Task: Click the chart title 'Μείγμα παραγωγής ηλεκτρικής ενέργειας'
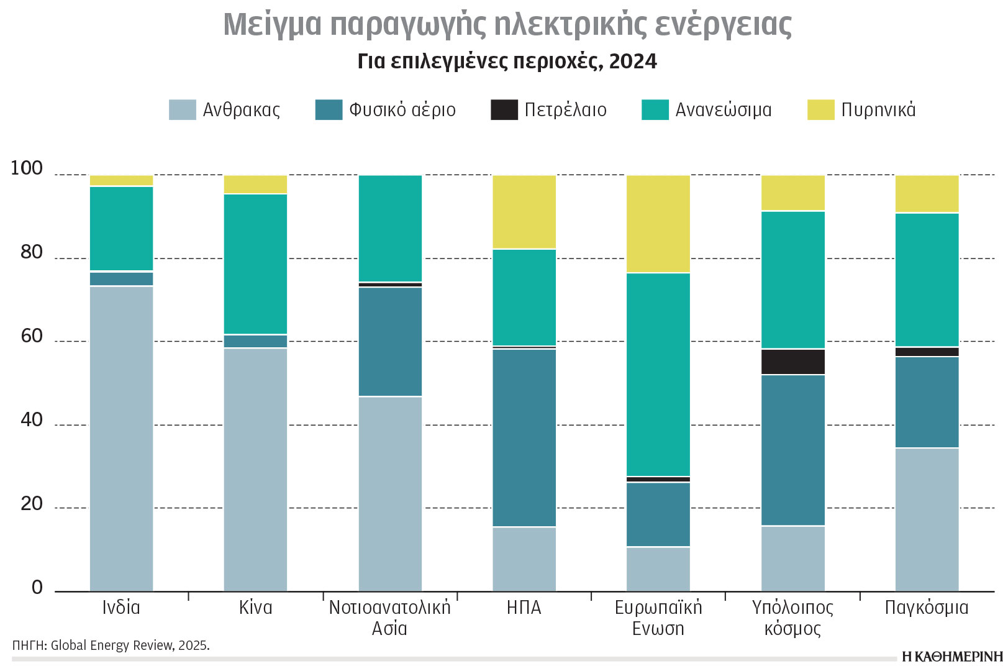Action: point(507,25)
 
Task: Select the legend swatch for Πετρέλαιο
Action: point(504,110)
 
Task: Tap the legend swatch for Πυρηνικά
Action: point(820,110)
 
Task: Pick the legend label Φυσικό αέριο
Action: point(402,110)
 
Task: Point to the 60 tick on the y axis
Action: point(32,336)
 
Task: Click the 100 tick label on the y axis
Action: point(27,168)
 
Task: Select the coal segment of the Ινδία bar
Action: point(122,438)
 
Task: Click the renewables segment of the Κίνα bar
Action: point(255,264)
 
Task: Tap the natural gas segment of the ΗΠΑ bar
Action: point(524,437)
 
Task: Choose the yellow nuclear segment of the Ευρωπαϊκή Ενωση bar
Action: point(658,224)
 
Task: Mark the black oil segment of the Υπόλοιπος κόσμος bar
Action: point(792,362)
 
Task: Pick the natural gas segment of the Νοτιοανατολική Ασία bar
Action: point(390,341)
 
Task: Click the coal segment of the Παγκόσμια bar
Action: point(927,519)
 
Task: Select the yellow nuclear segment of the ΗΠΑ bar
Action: point(524,212)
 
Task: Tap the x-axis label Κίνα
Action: point(255,607)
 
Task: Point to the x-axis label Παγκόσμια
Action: point(927,607)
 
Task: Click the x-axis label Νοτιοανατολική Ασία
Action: point(390,617)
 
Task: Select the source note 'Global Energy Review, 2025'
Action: point(130,645)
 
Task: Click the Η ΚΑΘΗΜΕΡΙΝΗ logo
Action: point(952,656)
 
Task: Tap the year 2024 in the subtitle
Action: point(633,62)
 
